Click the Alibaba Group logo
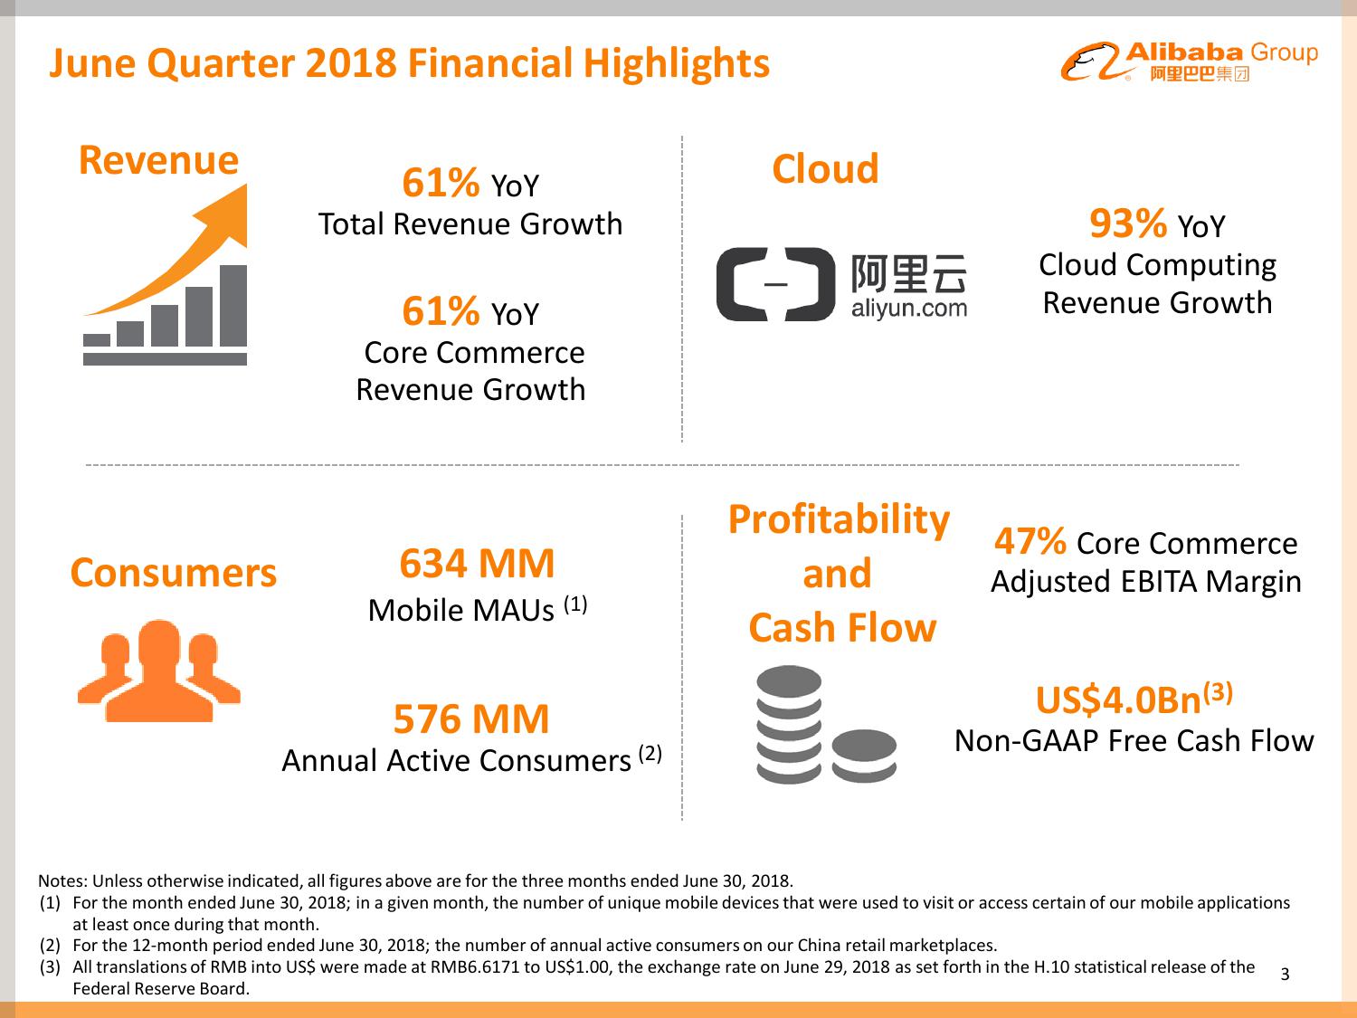(1190, 62)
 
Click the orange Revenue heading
(158, 160)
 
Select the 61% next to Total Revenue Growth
(441, 183)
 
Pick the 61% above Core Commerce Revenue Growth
(441, 311)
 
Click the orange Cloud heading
(825, 169)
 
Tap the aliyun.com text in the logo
(908, 309)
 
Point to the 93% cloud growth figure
(1127, 223)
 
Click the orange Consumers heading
(173, 573)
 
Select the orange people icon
(159, 671)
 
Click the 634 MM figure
(477, 564)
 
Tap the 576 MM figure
(470, 719)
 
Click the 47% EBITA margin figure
(1030, 542)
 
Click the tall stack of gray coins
(790, 724)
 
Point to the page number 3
(1285, 975)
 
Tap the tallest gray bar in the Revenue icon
(233, 306)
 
